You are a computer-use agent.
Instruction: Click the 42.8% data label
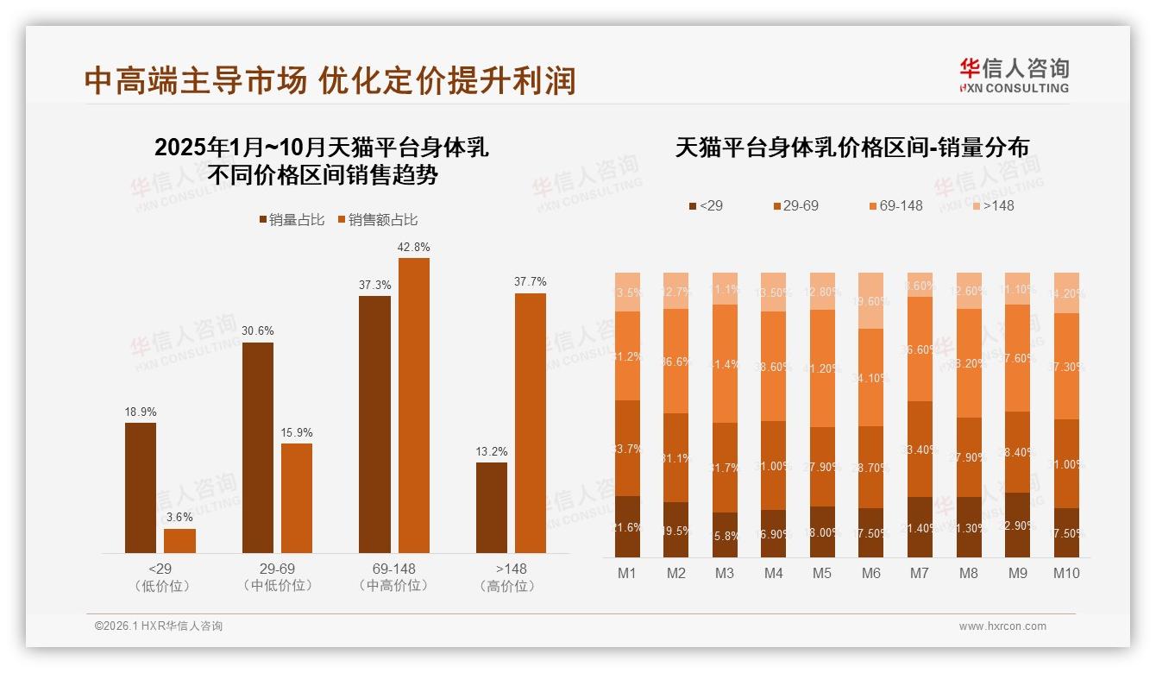click(x=413, y=248)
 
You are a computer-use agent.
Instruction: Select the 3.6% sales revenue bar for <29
click(x=179, y=541)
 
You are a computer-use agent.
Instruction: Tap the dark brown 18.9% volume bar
click(x=141, y=487)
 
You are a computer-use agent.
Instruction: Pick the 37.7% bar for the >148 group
click(x=531, y=423)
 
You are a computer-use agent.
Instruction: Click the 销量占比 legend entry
click(x=292, y=220)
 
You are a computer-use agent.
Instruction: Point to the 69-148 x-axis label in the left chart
click(x=393, y=569)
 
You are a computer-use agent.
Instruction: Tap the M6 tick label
click(x=871, y=574)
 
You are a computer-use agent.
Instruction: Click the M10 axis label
click(x=1066, y=574)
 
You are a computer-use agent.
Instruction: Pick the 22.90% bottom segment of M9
click(x=1018, y=525)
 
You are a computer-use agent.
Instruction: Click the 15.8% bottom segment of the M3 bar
click(x=726, y=535)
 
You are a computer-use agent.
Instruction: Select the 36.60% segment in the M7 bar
click(x=920, y=349)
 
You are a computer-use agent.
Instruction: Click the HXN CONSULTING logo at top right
click(x=1014, y=76)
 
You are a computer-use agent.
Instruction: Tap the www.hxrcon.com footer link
click(x=1002, y=626)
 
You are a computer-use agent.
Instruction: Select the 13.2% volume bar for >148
click(x=492, y=507)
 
